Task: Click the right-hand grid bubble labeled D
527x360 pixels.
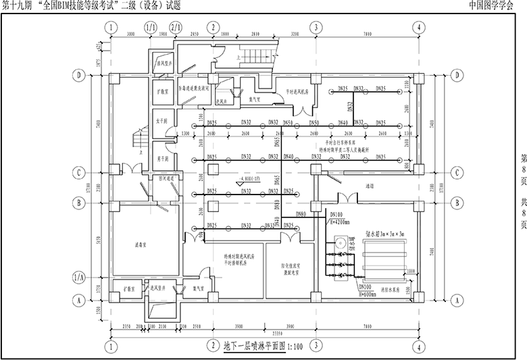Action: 459,75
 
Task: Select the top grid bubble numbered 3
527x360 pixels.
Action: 315,28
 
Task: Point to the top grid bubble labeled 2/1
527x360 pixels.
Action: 176,28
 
